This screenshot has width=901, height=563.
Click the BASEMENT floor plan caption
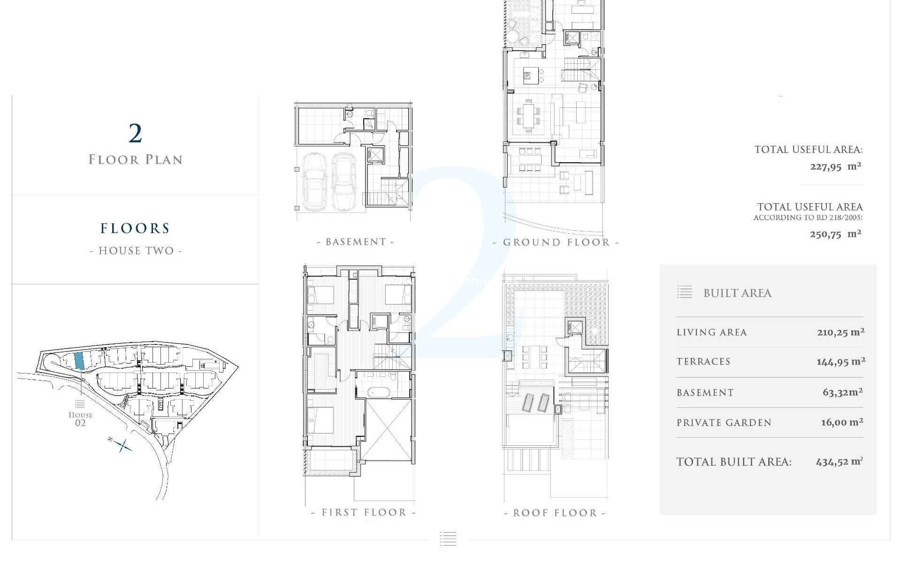click(356, 242)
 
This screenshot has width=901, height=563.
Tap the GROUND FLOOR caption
click(556, 243)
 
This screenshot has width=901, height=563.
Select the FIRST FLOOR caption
click(364, 512)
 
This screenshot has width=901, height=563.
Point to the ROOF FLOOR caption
click(555, 513)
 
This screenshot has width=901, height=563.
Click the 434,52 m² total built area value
click(839, 462)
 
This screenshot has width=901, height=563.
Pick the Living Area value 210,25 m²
click(840, 332)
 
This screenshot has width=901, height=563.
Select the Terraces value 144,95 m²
click(840, 361)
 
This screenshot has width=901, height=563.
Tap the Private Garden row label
click(724, 423)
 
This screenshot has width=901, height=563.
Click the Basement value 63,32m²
click(842, 392)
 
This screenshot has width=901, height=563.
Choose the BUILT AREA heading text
click(737, 293)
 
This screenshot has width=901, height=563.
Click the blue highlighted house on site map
click(79, 360)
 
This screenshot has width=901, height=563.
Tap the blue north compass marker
click(122, 445)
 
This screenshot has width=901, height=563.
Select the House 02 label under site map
click(80, 418)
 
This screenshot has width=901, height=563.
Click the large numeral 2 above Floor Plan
click(135, 134)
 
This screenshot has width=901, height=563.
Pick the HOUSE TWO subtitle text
click(135, 251)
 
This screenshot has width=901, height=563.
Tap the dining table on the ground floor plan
click(528, 115)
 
